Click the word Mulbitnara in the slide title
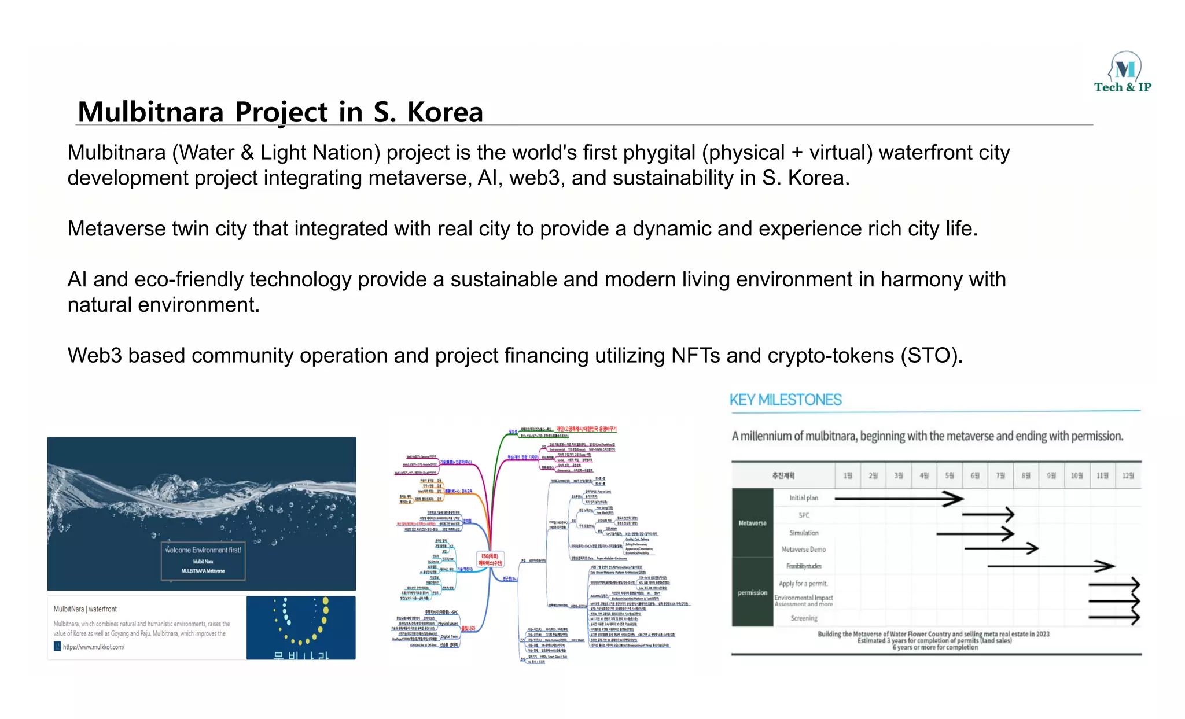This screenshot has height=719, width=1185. [x=150, y=112]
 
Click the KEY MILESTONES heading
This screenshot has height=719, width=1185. [x=785, y=400]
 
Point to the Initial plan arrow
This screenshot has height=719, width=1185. [x=899, y=498]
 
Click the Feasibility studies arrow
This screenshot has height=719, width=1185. [x=1050, y=566]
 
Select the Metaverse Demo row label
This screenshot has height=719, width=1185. [x=803, y=549]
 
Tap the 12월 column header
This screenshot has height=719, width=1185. [x=1128, y=475]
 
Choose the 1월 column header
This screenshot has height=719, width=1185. [x=848, y=475]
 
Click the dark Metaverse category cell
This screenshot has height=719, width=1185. [x=752, y=523]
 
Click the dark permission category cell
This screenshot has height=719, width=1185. [x=752, y=592]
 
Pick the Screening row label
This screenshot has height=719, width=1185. [x=804, y=618]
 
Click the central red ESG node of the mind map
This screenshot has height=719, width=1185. [x=490, y=559]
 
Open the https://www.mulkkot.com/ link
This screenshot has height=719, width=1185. [x=93, y=647]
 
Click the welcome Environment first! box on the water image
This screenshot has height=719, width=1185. [x=203, y=560]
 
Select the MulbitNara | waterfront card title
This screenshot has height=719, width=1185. [x=85, y=609]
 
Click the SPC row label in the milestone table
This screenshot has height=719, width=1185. [x=804, y=515]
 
